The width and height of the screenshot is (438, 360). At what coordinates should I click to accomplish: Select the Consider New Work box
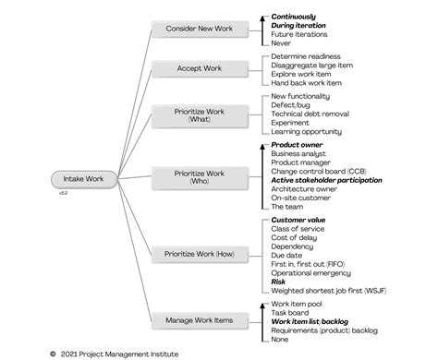[x=200, y=29]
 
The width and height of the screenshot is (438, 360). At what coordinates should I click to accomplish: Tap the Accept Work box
[x=200, y=68]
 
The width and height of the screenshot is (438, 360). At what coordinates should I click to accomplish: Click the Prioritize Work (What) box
[x=200, y=114]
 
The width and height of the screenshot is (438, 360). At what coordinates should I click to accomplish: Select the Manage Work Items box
[x=200, y=319]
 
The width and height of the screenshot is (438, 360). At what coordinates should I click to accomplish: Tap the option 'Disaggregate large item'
[x=311, y=65]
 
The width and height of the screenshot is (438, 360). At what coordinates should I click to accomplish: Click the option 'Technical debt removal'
[x=310, y=114]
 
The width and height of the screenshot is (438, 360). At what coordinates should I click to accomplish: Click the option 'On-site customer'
[x=302, y=198]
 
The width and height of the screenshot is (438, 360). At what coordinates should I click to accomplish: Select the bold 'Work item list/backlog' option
[x=314, y=320]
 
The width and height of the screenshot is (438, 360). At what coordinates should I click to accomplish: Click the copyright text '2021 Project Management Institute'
[x=118, y=353]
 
